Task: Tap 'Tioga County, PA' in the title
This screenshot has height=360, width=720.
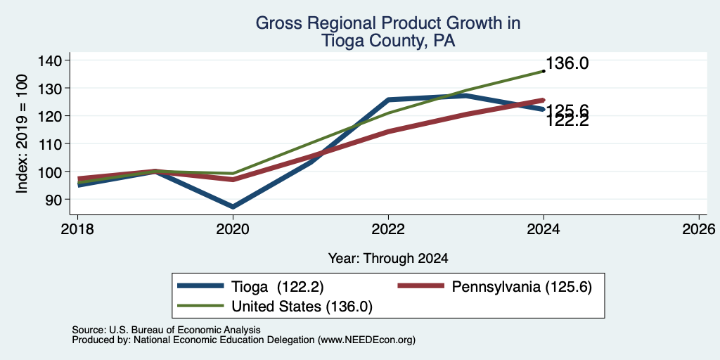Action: click(x=388, y=41)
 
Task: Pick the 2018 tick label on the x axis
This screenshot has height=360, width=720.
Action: click(x=77, y=229)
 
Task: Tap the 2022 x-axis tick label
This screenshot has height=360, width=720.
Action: click(x=388, y=229)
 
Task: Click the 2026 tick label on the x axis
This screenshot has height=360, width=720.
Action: click(x=699, y=229)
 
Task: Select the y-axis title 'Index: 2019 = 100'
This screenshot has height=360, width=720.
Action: click(x=22, y=134)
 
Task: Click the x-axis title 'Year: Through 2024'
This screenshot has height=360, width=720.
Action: click(x=388, y=259)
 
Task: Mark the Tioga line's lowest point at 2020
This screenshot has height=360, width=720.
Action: click(x=233, y=207)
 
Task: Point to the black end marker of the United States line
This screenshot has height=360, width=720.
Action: click(x=544, y=71)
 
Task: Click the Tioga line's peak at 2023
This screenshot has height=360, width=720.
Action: click(x=466, y=96)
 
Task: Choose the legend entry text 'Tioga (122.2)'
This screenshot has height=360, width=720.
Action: click(x=278, y=287)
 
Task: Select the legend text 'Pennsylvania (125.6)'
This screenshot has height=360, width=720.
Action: click(x=522, y=287)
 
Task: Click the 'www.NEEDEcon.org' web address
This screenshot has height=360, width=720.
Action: click(x=366, y=340)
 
